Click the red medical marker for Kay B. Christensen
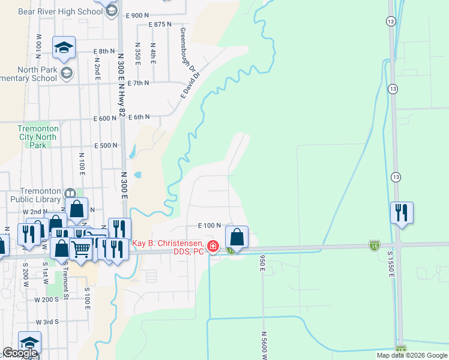point(212,246)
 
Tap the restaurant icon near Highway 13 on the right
point(401,212)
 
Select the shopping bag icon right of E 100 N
point(237,236)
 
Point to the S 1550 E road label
point(390,264)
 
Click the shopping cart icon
point(81,247)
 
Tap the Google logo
point(20,353)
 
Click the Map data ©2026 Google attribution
point(411,355)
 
